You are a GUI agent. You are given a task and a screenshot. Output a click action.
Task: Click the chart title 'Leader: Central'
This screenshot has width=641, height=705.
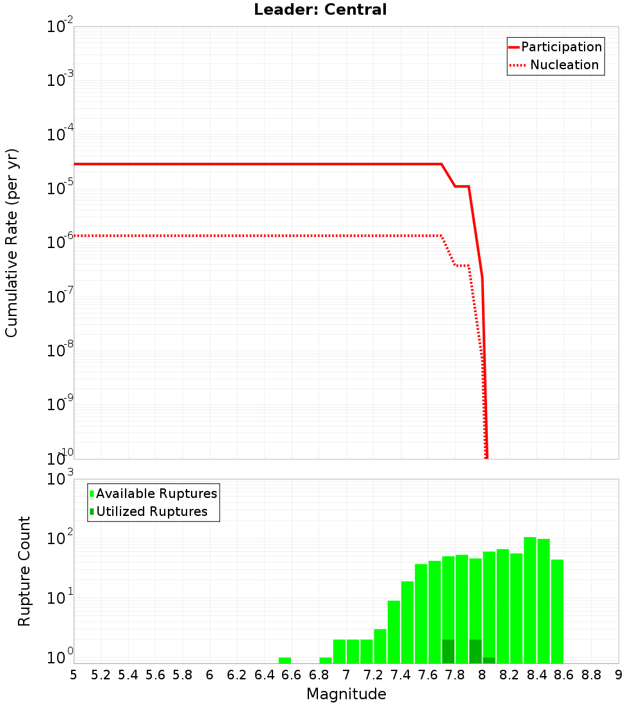point(320,10)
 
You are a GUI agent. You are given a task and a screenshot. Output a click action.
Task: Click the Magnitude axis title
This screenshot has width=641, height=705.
point(346,694)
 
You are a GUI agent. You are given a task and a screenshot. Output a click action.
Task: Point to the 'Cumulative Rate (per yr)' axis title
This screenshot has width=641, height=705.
point(12,243)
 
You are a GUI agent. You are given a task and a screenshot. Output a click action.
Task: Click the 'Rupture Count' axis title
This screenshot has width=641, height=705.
point(24,571)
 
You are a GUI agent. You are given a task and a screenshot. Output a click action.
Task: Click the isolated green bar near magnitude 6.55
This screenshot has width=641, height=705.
point(285,660)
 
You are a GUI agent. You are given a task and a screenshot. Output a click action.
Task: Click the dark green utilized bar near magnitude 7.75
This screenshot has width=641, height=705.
point(448,651)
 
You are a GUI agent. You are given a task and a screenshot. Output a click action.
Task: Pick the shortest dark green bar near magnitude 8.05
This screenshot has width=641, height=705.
point(489,660)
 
